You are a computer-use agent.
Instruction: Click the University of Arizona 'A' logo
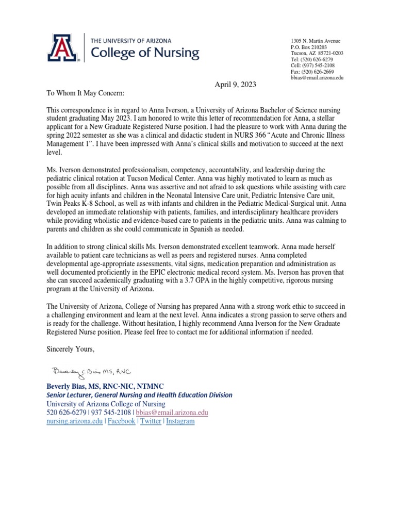click(x=63, y=47)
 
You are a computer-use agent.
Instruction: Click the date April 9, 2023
click(x=235, y=85)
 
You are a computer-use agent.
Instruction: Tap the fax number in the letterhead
click(x=312, y=72)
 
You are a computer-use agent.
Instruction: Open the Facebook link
click(x=121, y=421)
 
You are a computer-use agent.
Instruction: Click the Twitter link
click(x=151, y=421)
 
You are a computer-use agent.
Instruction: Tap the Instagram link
click(x=180, y=421)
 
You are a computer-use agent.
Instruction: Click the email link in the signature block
click(x=172, y=412)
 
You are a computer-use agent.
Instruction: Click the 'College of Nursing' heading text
click(x=144, y=52)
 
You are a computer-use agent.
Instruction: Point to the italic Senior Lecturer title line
click(x=139, y=395)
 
